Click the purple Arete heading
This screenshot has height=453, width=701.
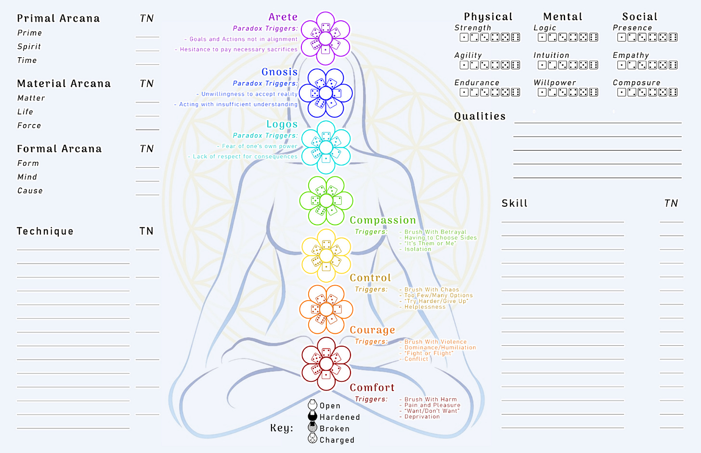coord(283,17)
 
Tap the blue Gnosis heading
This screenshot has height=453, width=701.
coord(279,72)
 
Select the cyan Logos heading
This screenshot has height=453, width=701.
coord(282,125)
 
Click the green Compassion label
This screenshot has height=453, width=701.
coord(383,220)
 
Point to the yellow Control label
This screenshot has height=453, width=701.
coord(370,278)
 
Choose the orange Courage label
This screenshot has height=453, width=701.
coord(372,330)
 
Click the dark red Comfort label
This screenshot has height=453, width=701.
coord(372,388)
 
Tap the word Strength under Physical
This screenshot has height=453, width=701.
coord(473,28)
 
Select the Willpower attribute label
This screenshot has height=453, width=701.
coord(555,83)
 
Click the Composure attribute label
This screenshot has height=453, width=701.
coord(636,83)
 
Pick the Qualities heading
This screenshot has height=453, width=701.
coord(480,116)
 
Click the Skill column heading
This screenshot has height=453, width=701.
coord(515,203)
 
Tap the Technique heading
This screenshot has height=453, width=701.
coord(45,231)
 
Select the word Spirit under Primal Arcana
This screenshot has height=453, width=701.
coord(29,47)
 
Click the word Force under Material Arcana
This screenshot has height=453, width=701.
coord(29,126)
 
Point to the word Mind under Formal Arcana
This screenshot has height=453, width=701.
coord(27,177)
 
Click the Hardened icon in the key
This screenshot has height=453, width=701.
coord(312,416)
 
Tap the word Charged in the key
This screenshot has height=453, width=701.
coord(337,440)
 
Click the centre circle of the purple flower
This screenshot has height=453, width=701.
coord(325,38)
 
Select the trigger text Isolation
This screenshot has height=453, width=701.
coord(418,249)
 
